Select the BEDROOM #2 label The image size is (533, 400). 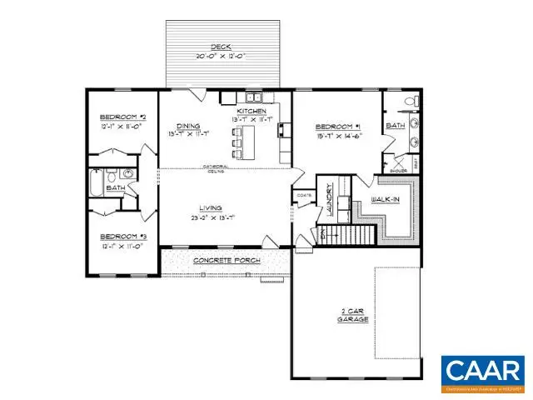[x=123, y=117]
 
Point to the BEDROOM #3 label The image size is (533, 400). [x=123, y=236]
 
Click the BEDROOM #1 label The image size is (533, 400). [x=337, y=127]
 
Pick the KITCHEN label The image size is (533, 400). [x=252, y=111]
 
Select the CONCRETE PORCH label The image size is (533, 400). [x=227, y=261]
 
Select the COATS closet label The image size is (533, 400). [x=303, y=196]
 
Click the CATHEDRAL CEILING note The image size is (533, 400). [x=217, y=169]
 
